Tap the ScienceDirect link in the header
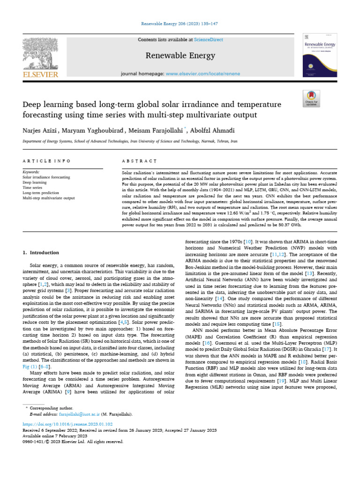209,40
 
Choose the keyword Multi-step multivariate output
49,198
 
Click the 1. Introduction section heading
41,253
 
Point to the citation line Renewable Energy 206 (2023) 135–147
180,23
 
